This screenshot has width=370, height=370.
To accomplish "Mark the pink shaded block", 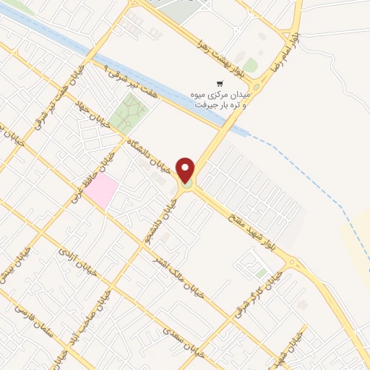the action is coord(103,190).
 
